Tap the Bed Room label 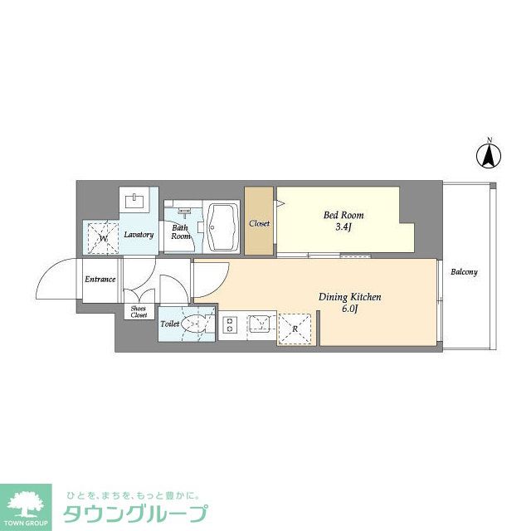tap(343, 216)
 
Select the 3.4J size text tap(343, 227)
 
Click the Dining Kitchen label tap(349, 297)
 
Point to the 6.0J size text tap(349, 309)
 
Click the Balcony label tap(464, 272)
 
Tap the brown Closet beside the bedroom tap(259, 222)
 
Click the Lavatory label tap(139, 235)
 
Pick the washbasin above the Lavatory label tap(135, 200)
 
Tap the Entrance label tap(100, 280)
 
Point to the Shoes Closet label tap(139, 312)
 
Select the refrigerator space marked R tap(295, 328)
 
